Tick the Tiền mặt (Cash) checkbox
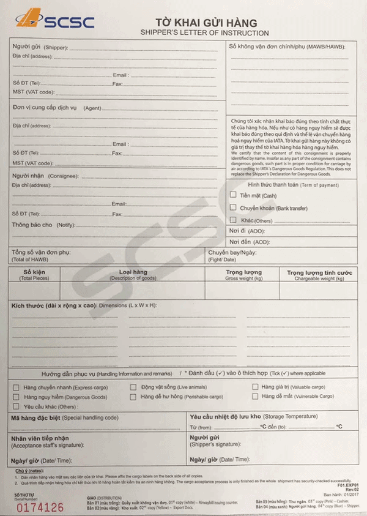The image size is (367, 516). (x=233, y=195)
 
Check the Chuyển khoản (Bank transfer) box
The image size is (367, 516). (x=233, y=208)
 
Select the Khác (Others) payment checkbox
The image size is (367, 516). (x=233, y=220)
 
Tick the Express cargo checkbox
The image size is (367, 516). (x=17, y=387)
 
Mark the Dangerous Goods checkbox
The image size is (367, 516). (x=17, y=397)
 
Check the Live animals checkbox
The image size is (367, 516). (x=133, y=387)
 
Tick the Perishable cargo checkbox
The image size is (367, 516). (x=133, y=397)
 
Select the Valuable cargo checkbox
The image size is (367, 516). (x=255, y=387)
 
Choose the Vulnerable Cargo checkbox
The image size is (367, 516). (x=255, y=396)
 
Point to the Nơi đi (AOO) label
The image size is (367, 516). (x=247, y=231)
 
